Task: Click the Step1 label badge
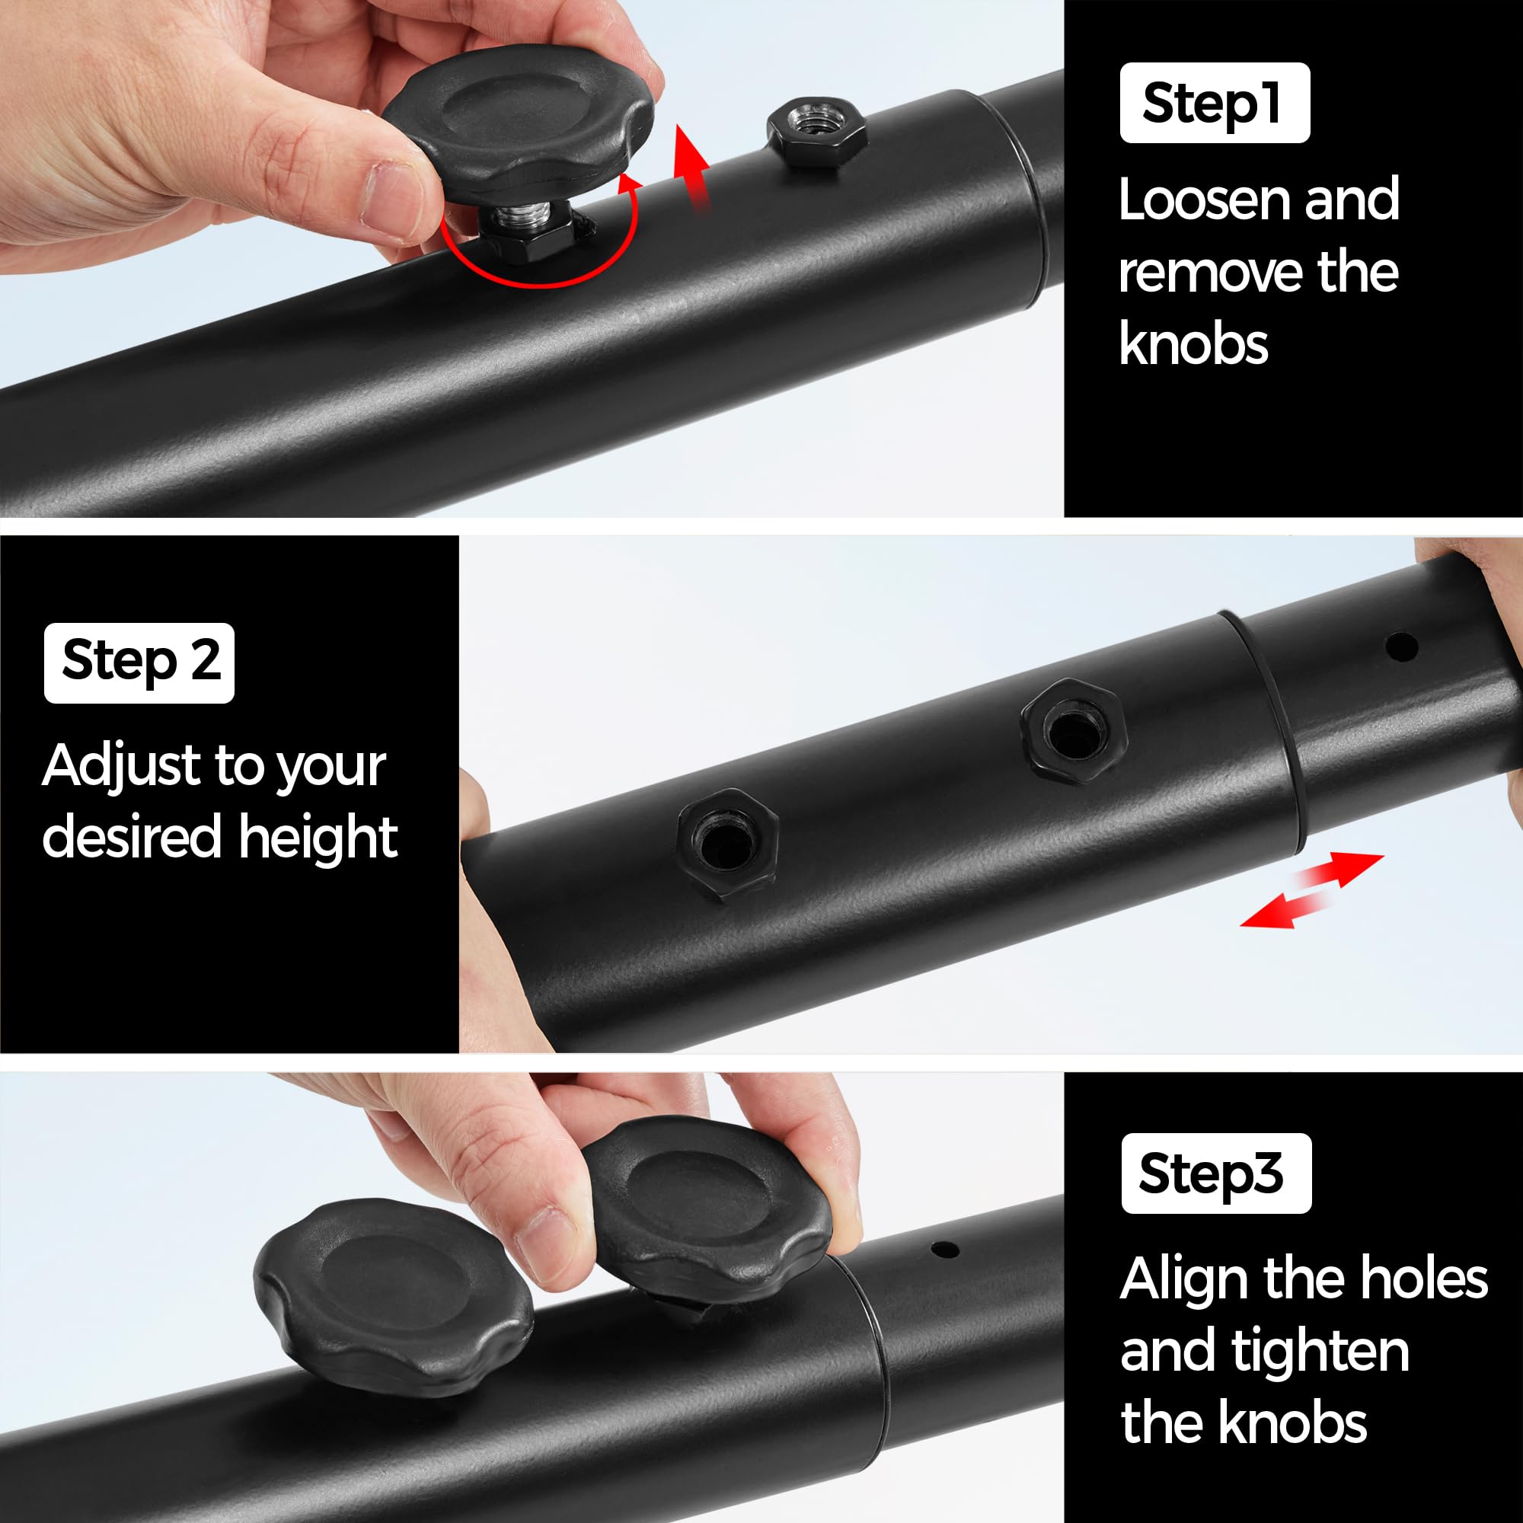coord(1214,103)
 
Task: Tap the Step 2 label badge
coord(139,663)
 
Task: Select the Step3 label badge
coord(1216,1173)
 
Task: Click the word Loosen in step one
coord(1207,200)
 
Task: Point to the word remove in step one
coord(1206,273)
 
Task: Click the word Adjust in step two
coord(122,766)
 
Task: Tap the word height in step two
coord(318,837)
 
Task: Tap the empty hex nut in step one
coord(816,130)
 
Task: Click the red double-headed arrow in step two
coord(1312,890)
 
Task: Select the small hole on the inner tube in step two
coord(1401,648)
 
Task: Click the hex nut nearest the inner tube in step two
coord(1073,733)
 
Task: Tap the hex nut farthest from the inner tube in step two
coord(727,845)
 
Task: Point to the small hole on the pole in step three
coord(944,1250)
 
